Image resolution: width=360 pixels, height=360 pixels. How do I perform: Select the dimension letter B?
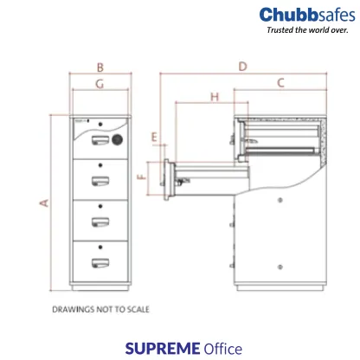click(x=100, y=67)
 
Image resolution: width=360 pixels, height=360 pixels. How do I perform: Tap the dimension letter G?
click(x=100, y=84)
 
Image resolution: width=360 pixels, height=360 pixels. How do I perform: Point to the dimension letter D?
click(x=243, y=67)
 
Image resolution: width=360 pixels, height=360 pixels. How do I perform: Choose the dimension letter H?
click(x=215, y=97)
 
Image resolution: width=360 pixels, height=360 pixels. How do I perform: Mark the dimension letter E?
click(x=154, y=137)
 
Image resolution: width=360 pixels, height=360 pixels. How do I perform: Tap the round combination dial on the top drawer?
click(x=118, y=138)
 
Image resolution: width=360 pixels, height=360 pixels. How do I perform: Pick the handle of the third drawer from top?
click(x=98, y=220)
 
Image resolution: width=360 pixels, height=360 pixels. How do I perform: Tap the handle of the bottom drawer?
click(x=98, y=260)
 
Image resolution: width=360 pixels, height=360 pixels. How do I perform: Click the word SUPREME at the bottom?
click(x=162, y=348)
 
